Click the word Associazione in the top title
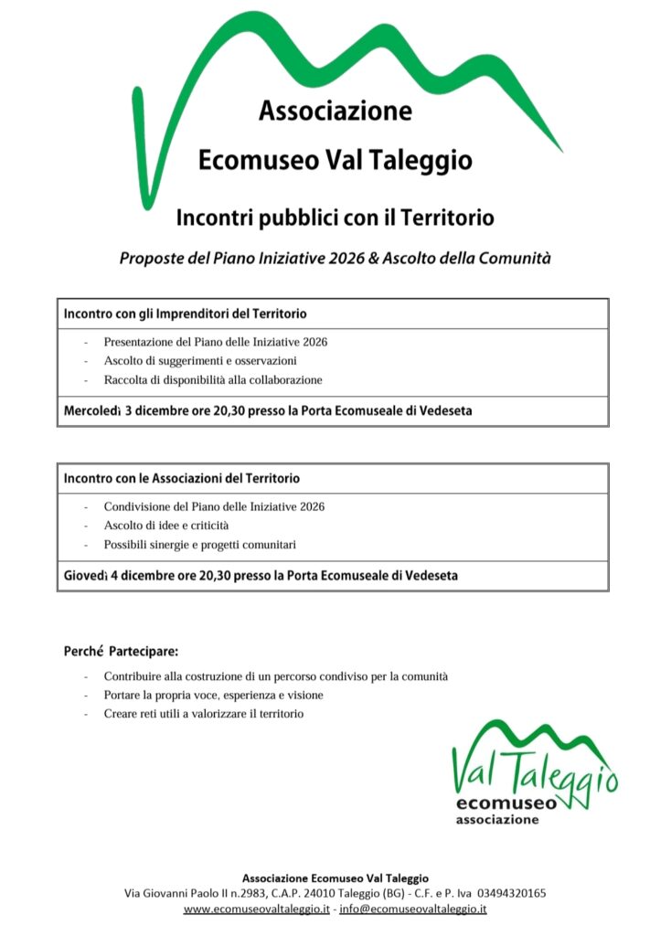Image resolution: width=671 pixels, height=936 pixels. tap(335, 112)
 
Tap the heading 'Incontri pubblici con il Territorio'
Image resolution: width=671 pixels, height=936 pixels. tap(335, 218)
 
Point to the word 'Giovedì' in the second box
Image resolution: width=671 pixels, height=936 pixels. tap(86, 576)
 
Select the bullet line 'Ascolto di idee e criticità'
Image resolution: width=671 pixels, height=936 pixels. tap(166, 526)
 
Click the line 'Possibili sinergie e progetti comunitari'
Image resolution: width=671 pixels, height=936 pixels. tap(200, 545)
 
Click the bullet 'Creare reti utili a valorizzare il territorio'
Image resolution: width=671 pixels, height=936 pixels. tap(203, 713)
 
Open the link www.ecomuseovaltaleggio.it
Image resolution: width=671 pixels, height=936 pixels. tap(256, 909)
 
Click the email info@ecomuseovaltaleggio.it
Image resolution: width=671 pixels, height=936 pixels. tap(413, 909)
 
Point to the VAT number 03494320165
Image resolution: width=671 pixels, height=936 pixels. tap(512, 893)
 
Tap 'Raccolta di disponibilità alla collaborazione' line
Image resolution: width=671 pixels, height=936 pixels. tap(213, 380)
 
